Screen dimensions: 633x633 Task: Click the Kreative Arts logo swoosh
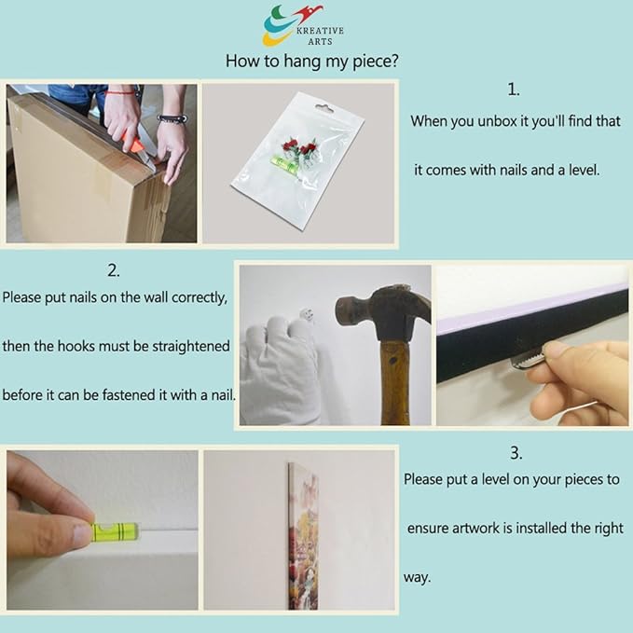[282, 25]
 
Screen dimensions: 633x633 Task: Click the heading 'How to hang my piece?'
[311, 61]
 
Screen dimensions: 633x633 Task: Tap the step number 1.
[514, 89]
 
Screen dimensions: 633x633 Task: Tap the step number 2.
[114, 270]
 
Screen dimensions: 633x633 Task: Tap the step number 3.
[516, 453]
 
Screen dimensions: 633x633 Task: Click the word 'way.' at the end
[418, 577]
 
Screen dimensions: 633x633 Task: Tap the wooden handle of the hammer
[395, 382]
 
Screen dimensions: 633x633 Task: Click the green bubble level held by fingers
[116, 531]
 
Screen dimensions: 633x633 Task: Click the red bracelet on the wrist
[120, 92]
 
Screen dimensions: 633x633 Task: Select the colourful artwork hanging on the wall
[304, 536]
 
